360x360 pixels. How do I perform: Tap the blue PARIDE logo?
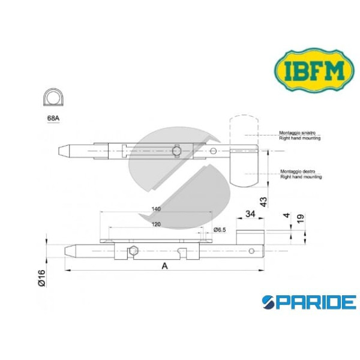(308, 302)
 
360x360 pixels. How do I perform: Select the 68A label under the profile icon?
(53, 118)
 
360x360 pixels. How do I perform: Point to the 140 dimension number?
(156, 209)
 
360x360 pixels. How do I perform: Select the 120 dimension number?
(156, 223)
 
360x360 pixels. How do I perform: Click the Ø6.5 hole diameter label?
(219, 230)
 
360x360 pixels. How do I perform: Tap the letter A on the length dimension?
(164, 265)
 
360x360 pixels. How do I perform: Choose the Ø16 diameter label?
(40, 278)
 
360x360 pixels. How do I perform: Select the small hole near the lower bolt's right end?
(253, 250)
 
